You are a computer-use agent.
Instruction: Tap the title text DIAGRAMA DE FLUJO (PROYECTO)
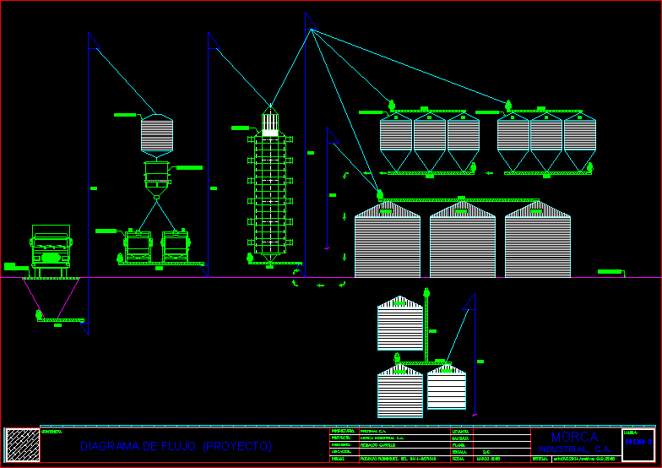(176, 445)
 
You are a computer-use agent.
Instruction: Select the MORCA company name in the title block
(574, 437)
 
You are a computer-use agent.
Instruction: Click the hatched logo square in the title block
(23, 444)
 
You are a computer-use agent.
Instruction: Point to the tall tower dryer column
(270, 194)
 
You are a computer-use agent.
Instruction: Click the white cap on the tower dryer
(270, 125)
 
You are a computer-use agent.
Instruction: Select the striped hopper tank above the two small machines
(157, 133)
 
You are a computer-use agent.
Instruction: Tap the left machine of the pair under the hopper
(138, 246)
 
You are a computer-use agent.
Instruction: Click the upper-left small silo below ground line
(399, 324)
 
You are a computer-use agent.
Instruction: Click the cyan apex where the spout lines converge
(312, 30)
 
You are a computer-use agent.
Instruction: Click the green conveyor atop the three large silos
(460, 200)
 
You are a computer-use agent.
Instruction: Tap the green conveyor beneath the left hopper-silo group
(429, 173)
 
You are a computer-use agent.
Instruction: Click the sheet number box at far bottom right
(638, 444)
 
